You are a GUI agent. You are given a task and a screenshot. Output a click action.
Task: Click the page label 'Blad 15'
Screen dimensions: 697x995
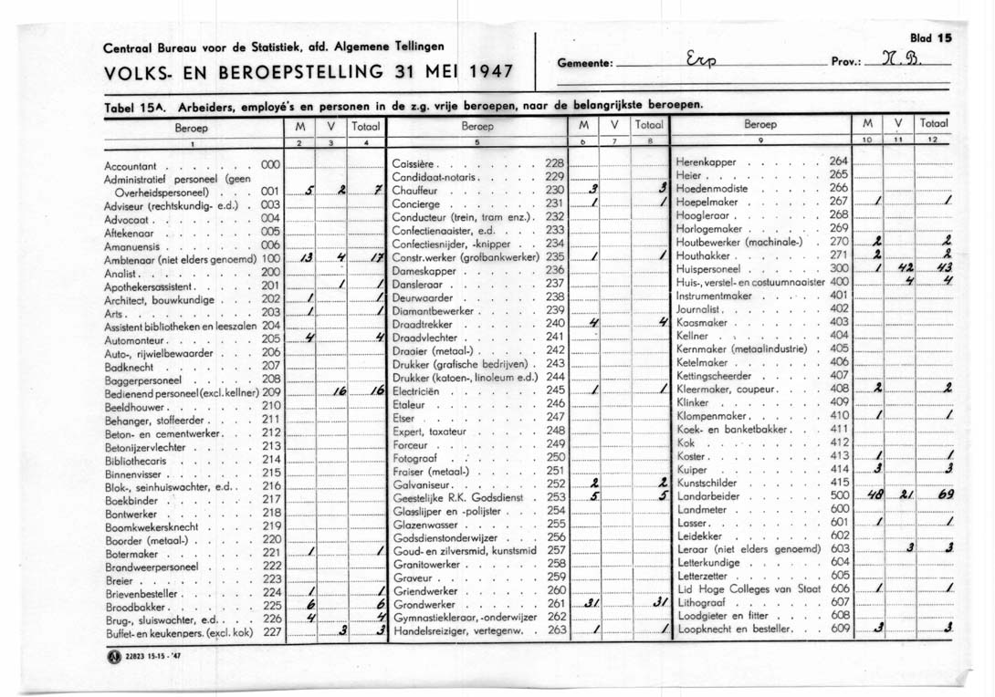931,38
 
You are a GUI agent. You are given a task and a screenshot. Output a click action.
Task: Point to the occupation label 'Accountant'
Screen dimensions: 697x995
131,166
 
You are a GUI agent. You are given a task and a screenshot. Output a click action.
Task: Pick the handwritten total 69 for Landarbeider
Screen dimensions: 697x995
935,495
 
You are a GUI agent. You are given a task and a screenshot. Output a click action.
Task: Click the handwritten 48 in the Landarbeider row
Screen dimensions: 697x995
875,495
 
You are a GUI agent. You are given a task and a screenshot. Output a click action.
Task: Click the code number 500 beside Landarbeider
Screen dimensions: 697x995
839,496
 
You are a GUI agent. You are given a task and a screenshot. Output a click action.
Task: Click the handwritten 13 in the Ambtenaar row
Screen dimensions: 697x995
307,258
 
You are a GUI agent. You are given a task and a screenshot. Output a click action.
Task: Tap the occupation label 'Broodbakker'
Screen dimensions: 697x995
136,606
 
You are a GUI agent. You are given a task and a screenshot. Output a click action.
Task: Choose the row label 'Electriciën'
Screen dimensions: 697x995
416,390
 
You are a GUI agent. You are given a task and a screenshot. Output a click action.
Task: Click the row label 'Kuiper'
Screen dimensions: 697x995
693,469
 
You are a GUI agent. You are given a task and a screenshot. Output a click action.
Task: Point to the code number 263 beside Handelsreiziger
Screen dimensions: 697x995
556,629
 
